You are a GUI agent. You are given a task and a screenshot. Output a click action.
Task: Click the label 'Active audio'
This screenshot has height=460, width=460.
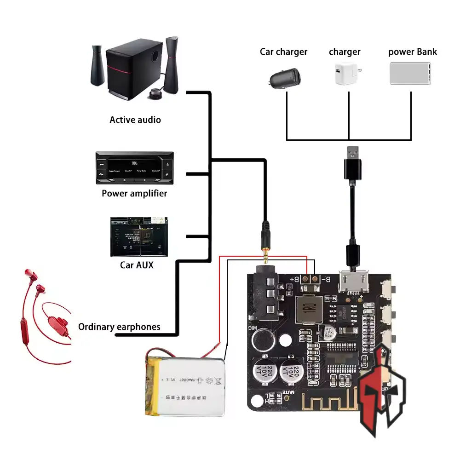point(135,120)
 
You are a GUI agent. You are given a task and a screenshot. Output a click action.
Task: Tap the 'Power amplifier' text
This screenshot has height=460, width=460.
point(134,193)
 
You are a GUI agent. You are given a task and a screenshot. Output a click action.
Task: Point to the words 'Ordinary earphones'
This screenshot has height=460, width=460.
point(119,327)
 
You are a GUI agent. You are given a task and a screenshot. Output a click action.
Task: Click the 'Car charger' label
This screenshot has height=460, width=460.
point(283,52)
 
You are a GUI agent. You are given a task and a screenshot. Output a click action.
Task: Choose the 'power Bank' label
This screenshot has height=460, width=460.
point(412,52)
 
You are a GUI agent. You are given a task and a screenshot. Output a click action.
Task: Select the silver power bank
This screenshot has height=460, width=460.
point(411,74)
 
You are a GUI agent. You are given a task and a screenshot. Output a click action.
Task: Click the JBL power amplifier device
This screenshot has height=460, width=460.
point(134,168)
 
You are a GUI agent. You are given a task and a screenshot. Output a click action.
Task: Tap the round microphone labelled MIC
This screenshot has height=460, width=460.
point(263,341)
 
